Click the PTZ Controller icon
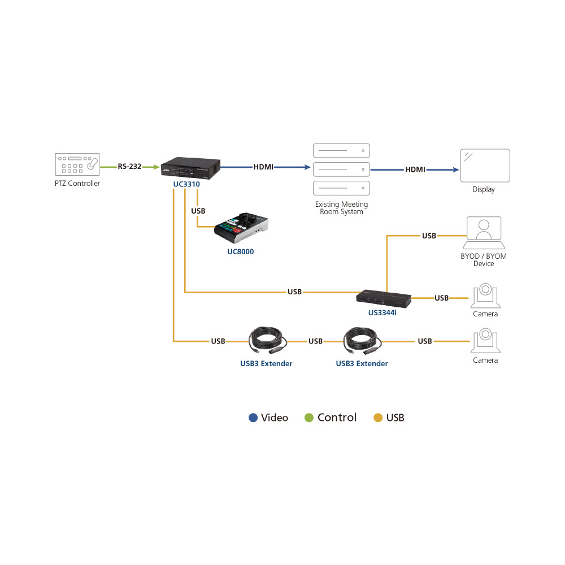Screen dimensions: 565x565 [x=77, y=164]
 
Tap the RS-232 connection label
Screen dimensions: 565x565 [x=129, y=167]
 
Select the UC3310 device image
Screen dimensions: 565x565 [x=190, y=168]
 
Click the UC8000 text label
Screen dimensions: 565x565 [x=240, y=251]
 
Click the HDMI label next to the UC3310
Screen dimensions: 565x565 [x=263, y=167]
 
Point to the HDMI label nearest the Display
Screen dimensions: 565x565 [x=415, y=169]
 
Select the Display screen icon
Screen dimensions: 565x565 [x=485, y=166]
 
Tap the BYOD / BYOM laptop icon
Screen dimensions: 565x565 [x=484, y=233]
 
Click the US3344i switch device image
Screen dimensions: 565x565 [x=384, y=298]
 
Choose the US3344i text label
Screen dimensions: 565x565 [x=383, y=313]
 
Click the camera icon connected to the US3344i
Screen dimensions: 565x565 [x=485, y=295]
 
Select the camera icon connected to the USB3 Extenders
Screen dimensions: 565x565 [x=485, y=341]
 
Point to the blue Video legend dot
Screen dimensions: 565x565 [x=253, y=418]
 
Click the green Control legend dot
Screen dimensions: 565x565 [x=309, y=418]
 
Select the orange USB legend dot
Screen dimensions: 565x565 [x=378, y=418]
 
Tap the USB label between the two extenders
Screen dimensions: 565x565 [x=315, y=341]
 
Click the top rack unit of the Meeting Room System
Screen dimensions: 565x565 [x=341, y=151]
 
